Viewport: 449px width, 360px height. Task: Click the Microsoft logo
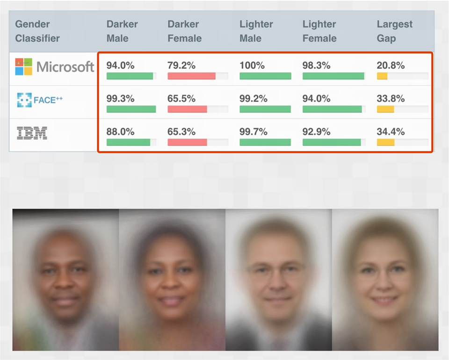coord(54,67)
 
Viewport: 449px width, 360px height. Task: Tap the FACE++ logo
coord(39,100)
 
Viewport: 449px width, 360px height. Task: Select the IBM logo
coord(32,133)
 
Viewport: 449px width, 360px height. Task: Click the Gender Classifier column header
coord(37,31)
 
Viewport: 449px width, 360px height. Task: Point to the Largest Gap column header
coord(394,31)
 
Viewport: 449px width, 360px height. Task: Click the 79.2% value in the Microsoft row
coord(181,65)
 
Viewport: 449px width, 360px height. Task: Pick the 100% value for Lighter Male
coord(252,65)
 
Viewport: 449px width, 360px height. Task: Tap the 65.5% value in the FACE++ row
coord(181,99)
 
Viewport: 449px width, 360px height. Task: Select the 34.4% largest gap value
coord(391,132)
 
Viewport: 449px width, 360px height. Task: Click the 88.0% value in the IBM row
coord(120,132)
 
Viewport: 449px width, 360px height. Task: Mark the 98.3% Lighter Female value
coord(316,65)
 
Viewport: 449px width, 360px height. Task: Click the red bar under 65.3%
coord(187,142)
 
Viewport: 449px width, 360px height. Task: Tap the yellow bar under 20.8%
coord(382,76)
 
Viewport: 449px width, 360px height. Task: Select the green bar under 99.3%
coord(131,109)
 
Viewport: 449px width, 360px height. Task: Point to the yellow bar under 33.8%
coord(385,109)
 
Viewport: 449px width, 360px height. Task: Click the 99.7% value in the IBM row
coord(253,132)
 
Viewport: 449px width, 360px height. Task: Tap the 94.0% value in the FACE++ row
coord(316,99)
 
